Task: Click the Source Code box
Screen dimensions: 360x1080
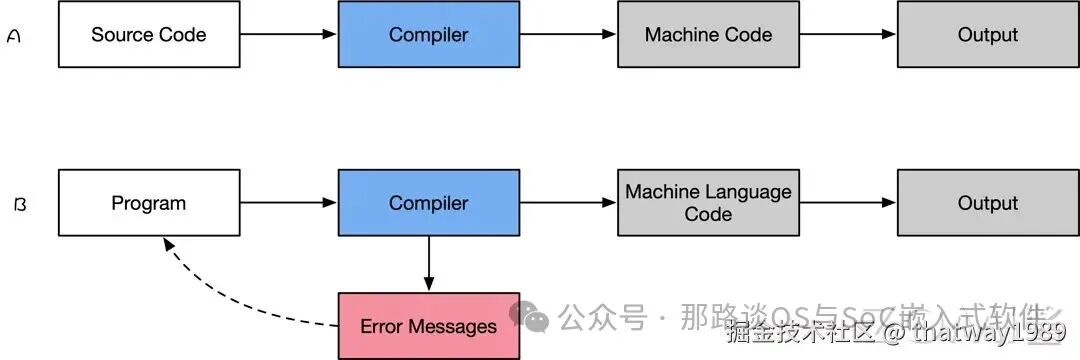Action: [x=149, y=35]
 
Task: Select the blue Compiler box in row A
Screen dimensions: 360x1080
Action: [x=428, y=35]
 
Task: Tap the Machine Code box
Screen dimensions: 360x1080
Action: [x=708, y=35]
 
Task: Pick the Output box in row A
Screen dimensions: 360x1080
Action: [x=987, y=35]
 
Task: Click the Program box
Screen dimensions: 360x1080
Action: [x=149, y=203]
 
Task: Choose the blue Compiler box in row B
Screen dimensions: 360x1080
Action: [x=428, y=203]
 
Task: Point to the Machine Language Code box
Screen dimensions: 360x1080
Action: [x=708, y=203]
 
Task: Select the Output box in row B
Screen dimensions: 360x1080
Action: [x=987, y=203]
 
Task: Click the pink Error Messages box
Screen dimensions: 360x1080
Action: [x=428, y=326]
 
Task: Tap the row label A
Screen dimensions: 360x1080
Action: [x=14, y=36]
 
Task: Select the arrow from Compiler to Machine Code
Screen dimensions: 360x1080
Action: [x=568, y=35]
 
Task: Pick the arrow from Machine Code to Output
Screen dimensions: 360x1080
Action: [x=847, y=35]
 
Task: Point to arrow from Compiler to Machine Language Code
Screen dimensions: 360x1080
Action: [x=568, y=203]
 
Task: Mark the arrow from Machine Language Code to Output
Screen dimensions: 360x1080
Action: [x=847, y=203]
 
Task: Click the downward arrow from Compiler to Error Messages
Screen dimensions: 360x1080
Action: [x=428, y=264]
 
